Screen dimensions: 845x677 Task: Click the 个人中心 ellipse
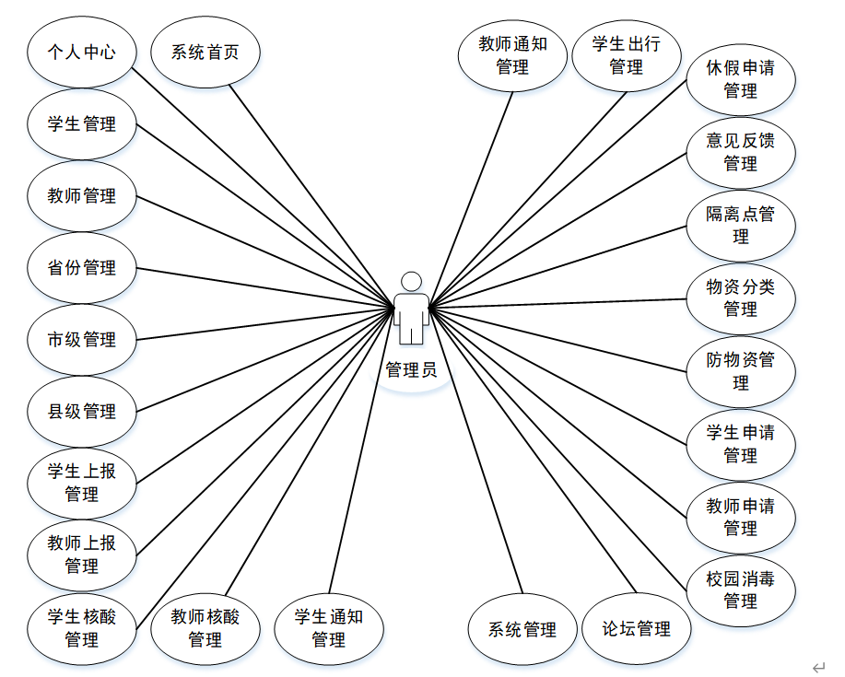82,52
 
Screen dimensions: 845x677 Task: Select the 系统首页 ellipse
205,52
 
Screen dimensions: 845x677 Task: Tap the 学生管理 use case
82,123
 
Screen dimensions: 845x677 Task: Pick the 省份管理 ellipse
82,268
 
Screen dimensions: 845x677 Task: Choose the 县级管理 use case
82,412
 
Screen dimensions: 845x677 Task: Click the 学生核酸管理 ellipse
82,628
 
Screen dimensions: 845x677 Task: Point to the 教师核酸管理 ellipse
205,628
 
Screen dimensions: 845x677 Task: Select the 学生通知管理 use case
329,628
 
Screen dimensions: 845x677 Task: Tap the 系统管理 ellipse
522,630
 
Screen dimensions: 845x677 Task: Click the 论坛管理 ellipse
636,630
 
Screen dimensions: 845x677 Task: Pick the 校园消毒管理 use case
741,590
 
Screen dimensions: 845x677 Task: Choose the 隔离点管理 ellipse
741,226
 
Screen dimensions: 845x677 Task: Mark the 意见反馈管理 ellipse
741,152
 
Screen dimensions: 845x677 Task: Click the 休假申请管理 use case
741,79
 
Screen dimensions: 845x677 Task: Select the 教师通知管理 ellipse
512,55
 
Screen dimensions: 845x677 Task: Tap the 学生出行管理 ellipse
626,55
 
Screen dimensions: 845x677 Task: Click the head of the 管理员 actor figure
411,281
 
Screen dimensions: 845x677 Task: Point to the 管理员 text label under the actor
411,370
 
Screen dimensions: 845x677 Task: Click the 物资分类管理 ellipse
741,298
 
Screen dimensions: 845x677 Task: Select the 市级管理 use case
82,340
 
